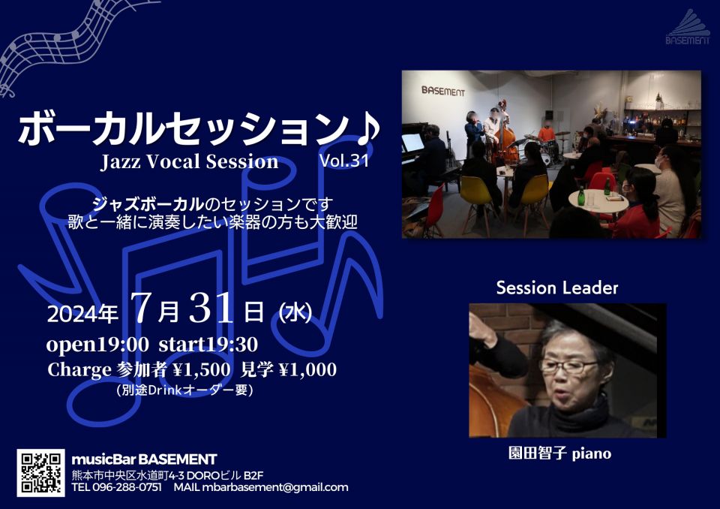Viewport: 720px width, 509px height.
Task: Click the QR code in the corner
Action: (40, 473)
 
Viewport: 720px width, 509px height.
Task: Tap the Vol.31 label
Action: (344, 160)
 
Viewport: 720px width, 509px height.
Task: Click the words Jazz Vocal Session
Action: (189, 162)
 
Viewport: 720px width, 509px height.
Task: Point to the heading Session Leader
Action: (557, 288)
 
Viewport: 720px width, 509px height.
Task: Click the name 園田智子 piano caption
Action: (559, 453)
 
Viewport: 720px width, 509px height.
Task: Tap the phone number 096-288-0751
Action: (127, 487)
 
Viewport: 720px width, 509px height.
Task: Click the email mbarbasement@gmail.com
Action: (275, 487)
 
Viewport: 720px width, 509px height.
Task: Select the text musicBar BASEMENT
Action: (144, 459)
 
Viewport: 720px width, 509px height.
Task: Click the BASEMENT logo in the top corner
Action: (688, 27)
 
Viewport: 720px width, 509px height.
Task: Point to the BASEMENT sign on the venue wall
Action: (443, 91)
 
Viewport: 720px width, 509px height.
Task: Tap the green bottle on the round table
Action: (580, 197)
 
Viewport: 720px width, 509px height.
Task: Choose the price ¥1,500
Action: (202, 369)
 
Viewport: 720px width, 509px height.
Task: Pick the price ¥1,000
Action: (307, 369)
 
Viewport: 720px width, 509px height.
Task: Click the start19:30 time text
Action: (208, 345)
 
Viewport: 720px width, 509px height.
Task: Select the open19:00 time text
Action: (97, 345)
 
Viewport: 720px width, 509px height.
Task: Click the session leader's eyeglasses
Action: (568, 366)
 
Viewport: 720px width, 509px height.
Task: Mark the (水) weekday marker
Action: (295, 313)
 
